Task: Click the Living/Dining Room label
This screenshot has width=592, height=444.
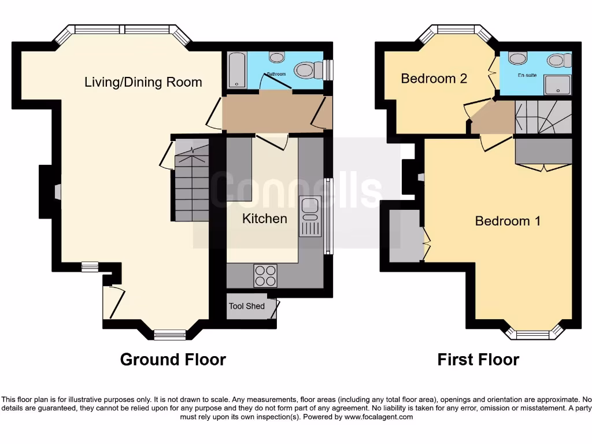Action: point(143,82)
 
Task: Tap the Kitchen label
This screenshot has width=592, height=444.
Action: point(264,219)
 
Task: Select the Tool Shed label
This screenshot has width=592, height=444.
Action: point(247,306)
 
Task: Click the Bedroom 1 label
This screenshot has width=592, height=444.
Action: point(508,221)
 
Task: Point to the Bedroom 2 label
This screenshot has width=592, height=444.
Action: point(434,79)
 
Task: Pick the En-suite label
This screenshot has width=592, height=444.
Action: point(527,75)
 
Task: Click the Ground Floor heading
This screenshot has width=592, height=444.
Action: point(173,360)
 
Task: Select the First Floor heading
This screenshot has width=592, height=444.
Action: point(478,360)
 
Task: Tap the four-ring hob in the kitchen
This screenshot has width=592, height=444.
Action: point(265,276)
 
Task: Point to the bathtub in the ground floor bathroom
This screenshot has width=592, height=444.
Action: point(236,70)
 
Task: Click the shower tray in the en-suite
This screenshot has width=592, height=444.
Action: point(557,85)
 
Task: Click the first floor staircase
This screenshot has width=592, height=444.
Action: point(542,117)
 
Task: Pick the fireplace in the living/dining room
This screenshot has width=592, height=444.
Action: point(57,192)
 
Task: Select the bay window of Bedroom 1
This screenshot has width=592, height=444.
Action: point(532,334)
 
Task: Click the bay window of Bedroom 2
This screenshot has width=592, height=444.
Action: point(456,30)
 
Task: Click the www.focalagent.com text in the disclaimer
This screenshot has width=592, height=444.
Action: point(379,417)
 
